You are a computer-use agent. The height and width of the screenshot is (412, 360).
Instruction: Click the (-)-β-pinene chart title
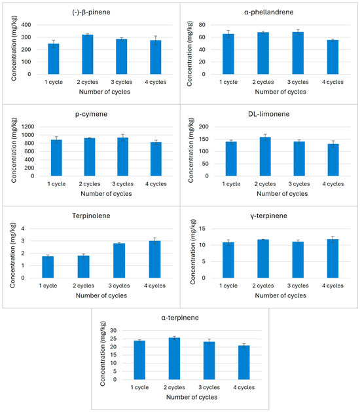tap(91, 12)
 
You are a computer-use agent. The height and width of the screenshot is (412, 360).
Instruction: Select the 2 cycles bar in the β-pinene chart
tap(88, 54)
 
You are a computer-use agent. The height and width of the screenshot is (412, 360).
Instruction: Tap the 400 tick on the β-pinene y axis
tap(26, 25)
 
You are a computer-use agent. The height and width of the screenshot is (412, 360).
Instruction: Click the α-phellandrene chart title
tap(268, 12)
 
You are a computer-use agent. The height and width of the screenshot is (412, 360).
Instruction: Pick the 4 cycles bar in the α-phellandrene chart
tap(333, 57)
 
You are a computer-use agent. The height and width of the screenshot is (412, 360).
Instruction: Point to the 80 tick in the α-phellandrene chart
tap(202, 25)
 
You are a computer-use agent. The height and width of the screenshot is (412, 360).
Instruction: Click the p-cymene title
tap(91, 114)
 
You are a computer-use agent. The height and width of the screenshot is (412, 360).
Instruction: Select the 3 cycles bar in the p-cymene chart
tap(122, 157)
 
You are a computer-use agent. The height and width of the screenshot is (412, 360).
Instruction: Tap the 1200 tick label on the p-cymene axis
tap(28, 126)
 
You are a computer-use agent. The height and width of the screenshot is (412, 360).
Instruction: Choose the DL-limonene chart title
tap(268, 114)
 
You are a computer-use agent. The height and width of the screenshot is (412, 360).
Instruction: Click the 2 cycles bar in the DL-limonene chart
tap(265, 157)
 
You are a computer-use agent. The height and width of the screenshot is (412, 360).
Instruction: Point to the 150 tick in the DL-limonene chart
tap(204, 139)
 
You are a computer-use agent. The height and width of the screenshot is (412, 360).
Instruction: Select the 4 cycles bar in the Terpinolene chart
tap(154, 259)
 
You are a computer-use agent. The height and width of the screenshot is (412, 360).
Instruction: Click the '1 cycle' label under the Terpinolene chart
tap(48, 286)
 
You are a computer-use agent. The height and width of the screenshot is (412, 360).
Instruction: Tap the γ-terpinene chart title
tap(268, 216)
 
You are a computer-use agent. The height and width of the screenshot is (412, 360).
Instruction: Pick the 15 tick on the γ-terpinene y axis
tap(202, 229)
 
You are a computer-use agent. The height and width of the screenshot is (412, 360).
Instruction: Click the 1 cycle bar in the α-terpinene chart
tap(139, 360)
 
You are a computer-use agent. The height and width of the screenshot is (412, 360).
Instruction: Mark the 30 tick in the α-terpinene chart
tap(113, 330)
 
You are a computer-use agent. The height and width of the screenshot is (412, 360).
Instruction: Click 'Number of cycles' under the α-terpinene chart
tap(192, 397)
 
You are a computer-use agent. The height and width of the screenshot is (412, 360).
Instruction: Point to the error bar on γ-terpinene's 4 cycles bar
tap(333, 239)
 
